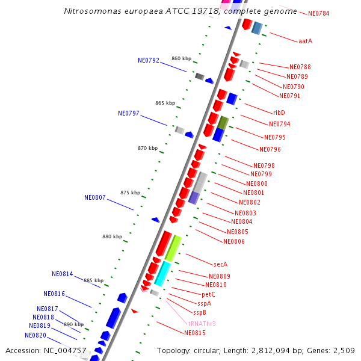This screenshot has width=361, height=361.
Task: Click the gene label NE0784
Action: click(318, 13)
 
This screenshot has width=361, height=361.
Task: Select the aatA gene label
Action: click(305, 41)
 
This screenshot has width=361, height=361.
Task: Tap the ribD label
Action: click(279, 113)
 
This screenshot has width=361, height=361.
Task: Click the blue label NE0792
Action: click(149, 60)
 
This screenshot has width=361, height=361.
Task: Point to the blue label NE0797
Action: click(129, 113)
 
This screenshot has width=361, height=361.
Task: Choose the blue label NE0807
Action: click(95, 197)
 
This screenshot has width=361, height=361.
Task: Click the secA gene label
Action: click(221, 264)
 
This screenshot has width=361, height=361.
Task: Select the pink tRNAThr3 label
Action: click(202, 324)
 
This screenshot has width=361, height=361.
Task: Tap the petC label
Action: click(208, 294)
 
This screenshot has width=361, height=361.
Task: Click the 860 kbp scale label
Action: click(181, 58)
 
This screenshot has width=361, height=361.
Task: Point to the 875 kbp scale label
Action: click(130, 193)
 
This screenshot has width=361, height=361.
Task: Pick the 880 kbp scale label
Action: click(112, 236)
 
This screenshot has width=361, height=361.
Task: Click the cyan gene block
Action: click(162, 273)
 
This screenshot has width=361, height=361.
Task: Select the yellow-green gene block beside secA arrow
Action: click(173, 247)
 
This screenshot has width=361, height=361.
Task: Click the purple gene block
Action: click(194, 197)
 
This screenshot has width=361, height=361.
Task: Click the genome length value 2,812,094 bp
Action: click(277, 350)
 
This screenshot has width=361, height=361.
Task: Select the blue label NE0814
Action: click(63, 274)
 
